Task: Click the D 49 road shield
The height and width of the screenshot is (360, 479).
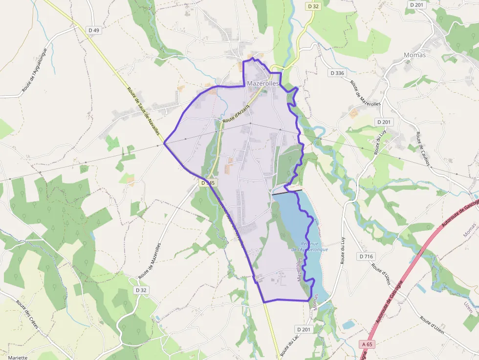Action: click(94, 30)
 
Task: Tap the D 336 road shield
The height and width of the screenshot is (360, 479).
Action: click(337, 73)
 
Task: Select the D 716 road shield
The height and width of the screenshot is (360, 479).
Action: click(366, 256)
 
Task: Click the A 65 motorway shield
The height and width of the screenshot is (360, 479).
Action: click(368, 344)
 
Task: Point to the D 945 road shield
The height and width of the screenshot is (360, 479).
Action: click(208, 183)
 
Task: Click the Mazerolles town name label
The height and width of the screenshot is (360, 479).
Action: click(262, 84)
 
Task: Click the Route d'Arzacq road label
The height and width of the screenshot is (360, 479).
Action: click(237, 113)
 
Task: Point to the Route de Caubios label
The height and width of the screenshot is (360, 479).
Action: click(423, 149)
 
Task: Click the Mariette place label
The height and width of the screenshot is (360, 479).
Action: click(18, 357)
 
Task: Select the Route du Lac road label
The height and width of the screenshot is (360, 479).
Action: click(289, 346)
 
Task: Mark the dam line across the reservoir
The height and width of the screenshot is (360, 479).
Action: click(287, 191)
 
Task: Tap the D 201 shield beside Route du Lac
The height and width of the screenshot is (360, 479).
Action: click(304, 330)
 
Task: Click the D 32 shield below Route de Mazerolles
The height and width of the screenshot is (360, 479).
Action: click(141, 290)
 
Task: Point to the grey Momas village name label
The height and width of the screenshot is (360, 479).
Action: click(414, 55)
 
